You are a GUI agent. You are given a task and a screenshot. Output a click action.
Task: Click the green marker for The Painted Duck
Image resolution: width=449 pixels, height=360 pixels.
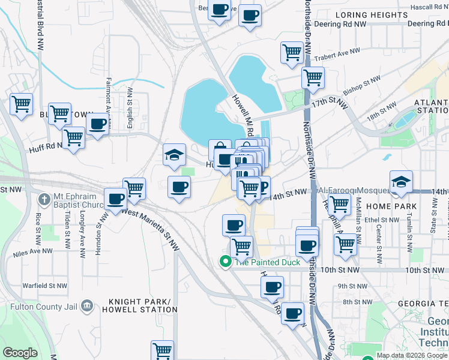pyautogui.click(x=225, y=262)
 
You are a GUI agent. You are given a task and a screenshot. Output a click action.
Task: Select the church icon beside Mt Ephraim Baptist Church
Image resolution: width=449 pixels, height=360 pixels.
pyautogui.click(x=44, y=199)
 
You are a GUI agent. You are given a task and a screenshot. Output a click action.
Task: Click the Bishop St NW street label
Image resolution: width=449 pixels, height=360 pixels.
pyautogui.click(x=362, y=86)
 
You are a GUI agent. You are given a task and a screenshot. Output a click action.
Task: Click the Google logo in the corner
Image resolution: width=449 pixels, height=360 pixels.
pyautogui.click(x=20, y=352)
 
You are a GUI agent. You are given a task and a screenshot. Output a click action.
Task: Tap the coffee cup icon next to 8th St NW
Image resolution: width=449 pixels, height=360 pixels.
pyautogui.click(x=292, y=313)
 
